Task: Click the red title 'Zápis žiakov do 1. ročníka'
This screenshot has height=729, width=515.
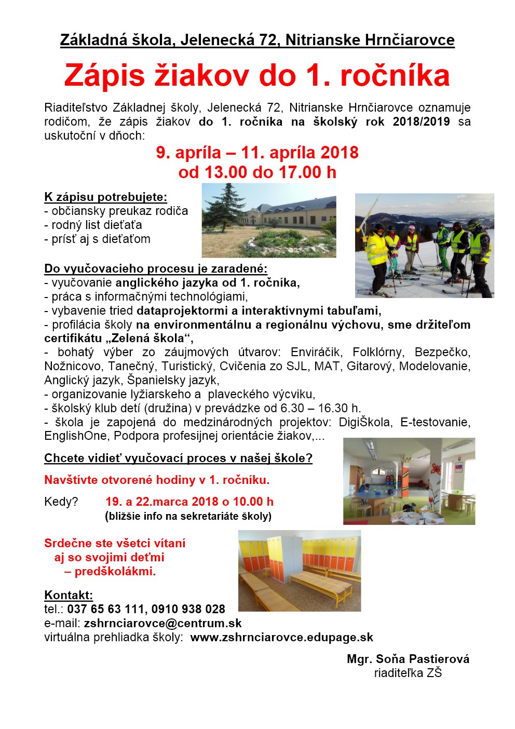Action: pos(257,76)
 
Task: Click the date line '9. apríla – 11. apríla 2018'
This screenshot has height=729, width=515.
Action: pos(257,153)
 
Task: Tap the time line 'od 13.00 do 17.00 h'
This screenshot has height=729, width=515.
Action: pos(257,172)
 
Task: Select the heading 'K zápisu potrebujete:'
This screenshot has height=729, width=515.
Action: pos(106,197)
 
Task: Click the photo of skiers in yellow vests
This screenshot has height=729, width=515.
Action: pos(424,246)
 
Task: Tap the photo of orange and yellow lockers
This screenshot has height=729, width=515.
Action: pos(300,570)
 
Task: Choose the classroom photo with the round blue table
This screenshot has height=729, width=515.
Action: pos(409,481)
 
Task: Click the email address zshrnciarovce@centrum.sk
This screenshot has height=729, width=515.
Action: pos(162,623)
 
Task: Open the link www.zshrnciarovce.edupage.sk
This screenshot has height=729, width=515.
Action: pos(281,637)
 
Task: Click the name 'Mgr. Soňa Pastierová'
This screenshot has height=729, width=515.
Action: pos(408,659)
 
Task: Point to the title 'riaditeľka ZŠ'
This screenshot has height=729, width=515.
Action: pos(408,673)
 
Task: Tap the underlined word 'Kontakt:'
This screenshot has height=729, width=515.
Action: pos(69,595)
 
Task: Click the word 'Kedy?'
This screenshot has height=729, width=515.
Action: pos(61,502)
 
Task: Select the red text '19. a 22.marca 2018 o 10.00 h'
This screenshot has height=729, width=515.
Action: pos(189,502)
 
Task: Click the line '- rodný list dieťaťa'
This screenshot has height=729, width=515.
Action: pos(93,225)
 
